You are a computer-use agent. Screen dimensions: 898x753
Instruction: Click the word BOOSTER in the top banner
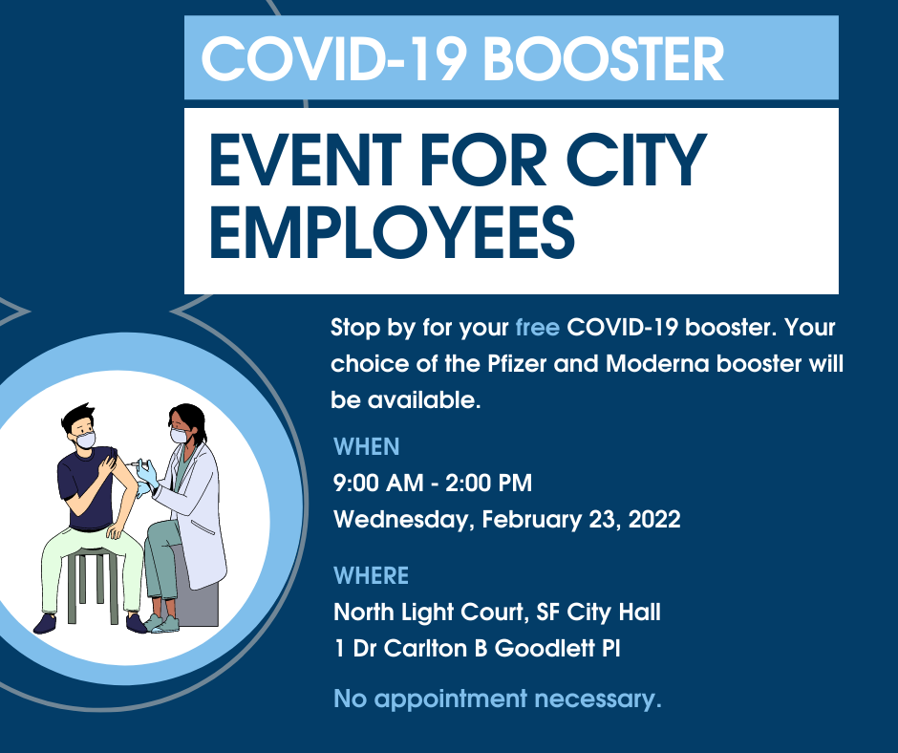coord(604,59)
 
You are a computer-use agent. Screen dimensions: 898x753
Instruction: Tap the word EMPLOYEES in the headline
coord(393,233)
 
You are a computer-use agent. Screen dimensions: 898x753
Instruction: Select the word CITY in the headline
coord(636,160)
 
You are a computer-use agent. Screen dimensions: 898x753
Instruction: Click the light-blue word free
coord(537,327)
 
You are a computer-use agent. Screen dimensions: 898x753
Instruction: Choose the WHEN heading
coord(367,447)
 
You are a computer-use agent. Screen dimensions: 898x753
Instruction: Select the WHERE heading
coord(371,575)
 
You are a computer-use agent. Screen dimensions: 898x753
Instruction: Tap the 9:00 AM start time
coord(378,484)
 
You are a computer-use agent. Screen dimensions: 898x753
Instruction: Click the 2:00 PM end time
coord(488,484)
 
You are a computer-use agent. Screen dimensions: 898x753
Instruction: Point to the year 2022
coord(654,519)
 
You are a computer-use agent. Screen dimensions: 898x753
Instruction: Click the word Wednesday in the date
coord(404,521)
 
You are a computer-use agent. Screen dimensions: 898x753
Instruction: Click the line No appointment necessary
coord(498,699)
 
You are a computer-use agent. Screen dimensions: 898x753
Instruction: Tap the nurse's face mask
coord(178,435)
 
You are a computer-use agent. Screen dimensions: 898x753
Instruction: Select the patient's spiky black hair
coord(78,415)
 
